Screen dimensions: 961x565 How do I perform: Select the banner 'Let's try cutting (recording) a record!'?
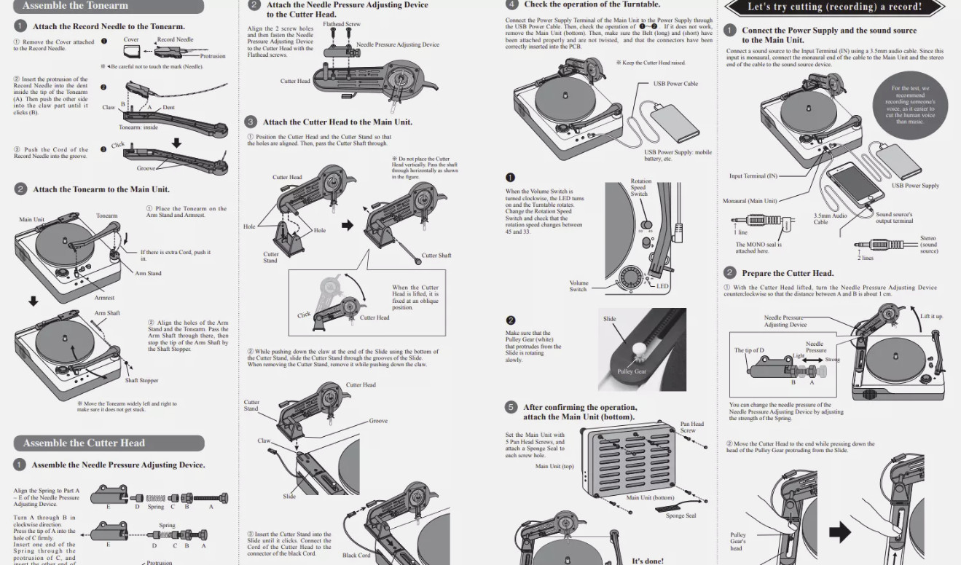point(835,7)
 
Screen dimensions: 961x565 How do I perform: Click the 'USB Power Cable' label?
point(675,84)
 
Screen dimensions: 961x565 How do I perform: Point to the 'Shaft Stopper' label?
point(141,381)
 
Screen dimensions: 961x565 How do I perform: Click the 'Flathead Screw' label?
point(342,25)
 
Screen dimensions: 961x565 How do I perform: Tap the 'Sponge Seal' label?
point(681,516)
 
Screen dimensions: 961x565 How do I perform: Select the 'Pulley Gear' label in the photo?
point(632,371)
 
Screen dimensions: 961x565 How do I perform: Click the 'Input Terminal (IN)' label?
point(753,176)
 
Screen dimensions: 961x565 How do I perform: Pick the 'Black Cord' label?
point(356,555)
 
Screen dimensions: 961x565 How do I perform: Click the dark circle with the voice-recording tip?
point(910,105)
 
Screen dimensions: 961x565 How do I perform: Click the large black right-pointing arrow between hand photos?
point(840,532)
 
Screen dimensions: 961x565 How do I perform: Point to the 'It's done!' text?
point(648,561)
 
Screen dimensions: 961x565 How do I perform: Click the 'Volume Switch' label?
point(578,286)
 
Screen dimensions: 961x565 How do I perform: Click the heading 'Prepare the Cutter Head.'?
point(788,273)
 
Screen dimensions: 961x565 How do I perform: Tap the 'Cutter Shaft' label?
point(436,256)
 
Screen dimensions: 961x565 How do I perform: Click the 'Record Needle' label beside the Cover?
point(176,40)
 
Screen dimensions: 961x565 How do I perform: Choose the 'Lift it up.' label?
point(932,317)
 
